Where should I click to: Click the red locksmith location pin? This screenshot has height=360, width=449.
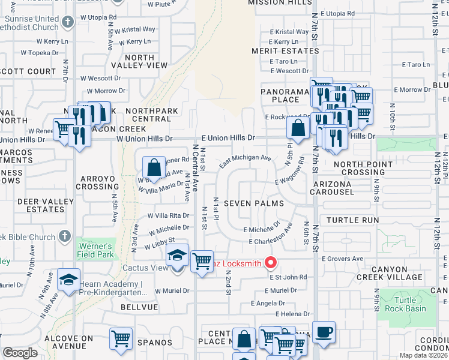(x=271, y=262)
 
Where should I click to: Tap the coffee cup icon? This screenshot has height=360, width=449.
(x=324, y=332)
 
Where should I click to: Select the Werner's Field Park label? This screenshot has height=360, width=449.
(x=95, y=250)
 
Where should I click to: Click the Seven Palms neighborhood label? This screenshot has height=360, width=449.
(x=253, y=203)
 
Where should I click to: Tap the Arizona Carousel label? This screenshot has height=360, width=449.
(x=331, y=188)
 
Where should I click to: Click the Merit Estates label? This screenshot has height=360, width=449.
(x=285, y=51)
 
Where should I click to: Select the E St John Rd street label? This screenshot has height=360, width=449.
(x=288, y=277)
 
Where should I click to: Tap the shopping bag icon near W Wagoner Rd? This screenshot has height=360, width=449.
(x=154, y=167)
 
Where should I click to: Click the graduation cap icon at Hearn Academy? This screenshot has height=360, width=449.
(x=68, y=280)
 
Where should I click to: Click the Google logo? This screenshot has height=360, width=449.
(x=20, y=353)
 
